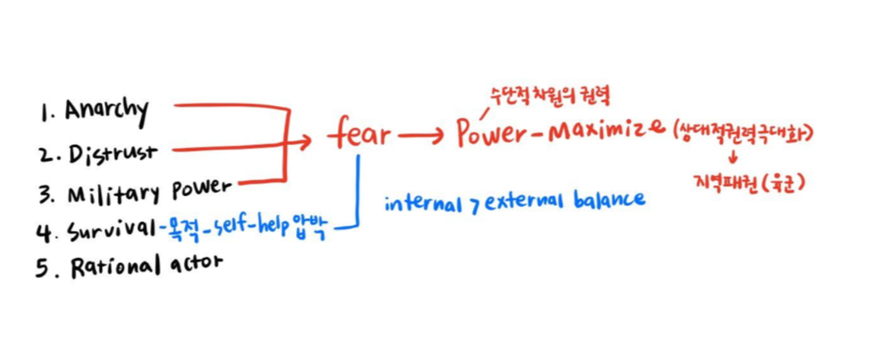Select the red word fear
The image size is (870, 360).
point(359,136)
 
